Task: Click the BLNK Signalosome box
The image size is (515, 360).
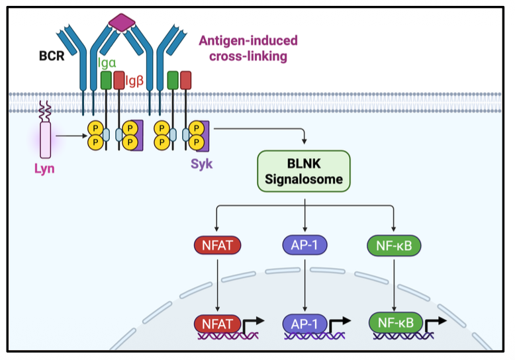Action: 304,171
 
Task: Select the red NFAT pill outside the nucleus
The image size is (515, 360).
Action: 217,246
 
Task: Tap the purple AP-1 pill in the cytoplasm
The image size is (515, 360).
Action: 304,246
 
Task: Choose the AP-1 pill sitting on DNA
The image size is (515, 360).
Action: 304,324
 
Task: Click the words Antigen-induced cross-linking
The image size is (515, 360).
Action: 248,48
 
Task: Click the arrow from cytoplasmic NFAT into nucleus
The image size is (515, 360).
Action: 217,285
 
